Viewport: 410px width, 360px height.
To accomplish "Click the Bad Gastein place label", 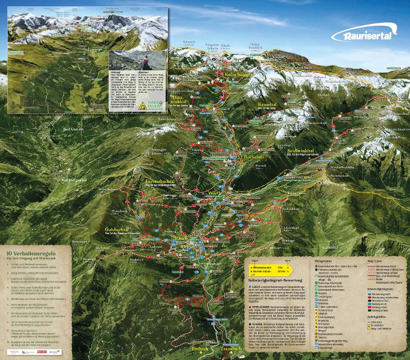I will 74,129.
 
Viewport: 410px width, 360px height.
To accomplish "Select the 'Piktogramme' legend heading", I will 323,262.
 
